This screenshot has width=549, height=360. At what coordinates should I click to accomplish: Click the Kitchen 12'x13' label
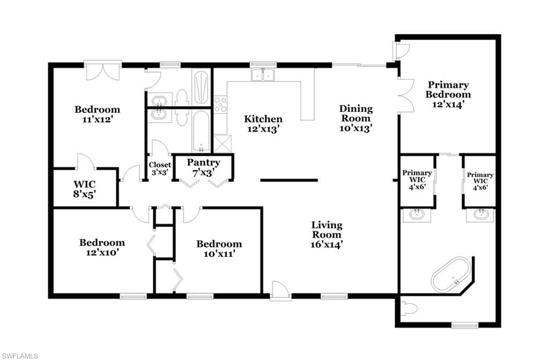[263, 124]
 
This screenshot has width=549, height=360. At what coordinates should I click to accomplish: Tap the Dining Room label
[356, 114]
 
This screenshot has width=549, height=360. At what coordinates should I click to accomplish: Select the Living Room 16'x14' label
[327, 235]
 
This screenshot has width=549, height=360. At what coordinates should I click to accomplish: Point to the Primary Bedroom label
[448, 89]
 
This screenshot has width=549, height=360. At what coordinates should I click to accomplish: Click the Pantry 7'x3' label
[203, 167]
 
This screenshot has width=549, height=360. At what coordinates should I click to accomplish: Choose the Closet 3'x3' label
[160, 168]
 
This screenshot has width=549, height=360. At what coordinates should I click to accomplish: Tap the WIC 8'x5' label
[84, 189]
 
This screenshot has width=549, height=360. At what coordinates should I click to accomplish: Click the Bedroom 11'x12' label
[98, 114]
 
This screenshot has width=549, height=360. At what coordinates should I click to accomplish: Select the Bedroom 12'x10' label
[102, 247]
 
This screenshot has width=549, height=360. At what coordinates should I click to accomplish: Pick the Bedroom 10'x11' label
[219, 249]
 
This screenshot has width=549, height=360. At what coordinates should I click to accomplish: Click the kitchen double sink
[263, 74]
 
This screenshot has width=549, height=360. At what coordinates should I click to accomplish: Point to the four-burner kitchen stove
[220, 104]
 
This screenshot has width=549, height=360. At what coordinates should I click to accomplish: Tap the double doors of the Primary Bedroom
[406, 95]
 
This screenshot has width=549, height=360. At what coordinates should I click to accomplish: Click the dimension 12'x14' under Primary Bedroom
[448, 104]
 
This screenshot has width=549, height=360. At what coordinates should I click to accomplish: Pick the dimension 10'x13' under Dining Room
[356, 128]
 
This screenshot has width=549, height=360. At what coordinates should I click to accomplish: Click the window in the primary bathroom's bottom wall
[465, 325]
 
